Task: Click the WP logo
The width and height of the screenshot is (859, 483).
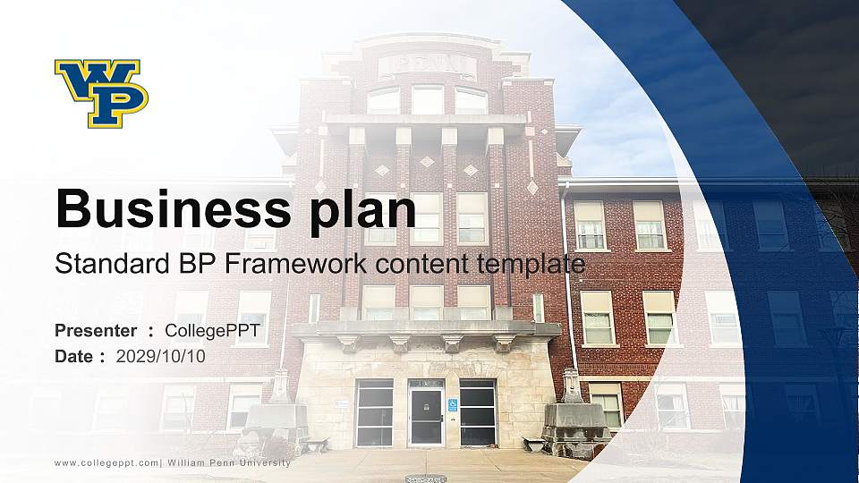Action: pos(101,93)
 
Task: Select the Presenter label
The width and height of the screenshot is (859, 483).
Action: pos(96,331)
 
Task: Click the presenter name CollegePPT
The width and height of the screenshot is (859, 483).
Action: pos(212,331)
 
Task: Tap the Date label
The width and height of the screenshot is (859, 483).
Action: pos(73,356)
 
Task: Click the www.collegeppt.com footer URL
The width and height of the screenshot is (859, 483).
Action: pos(106,462)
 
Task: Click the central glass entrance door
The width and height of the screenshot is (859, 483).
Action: pos(426,413)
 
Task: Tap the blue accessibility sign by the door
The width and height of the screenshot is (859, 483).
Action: pos(452,405)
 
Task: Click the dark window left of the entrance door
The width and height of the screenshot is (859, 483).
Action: pos(374,413)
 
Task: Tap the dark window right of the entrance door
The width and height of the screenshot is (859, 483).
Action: pos(477,413)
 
